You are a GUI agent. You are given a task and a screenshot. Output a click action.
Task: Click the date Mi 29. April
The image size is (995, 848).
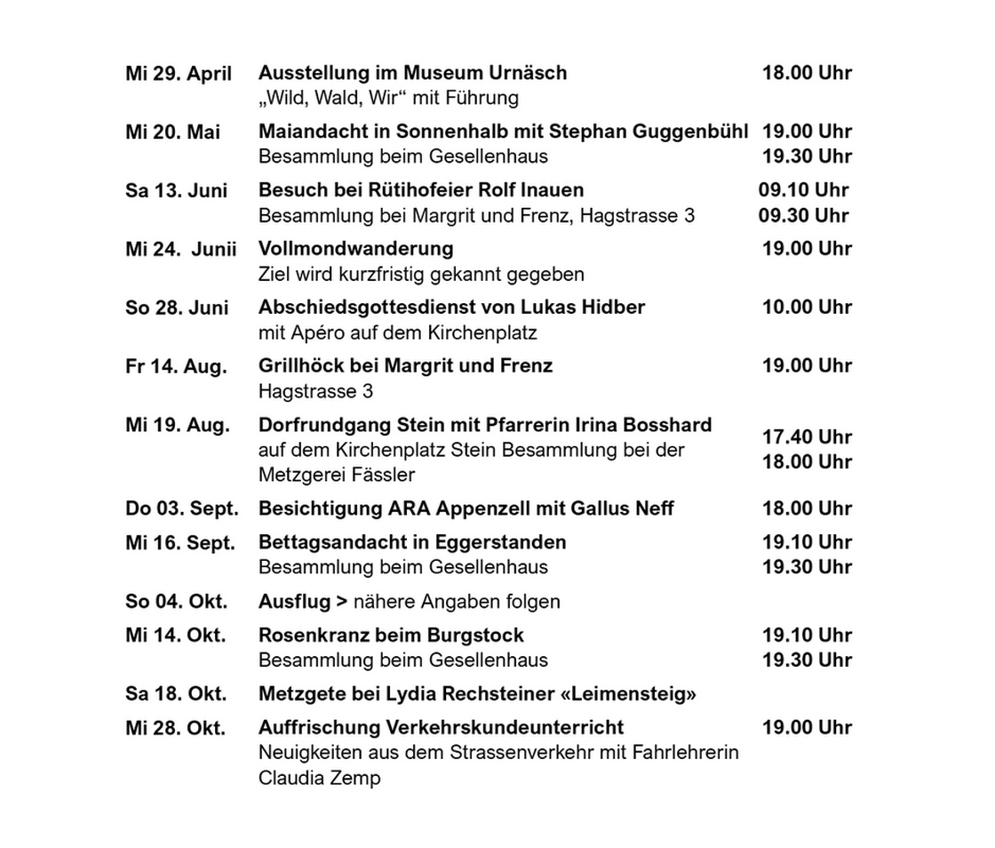tap(179, 74)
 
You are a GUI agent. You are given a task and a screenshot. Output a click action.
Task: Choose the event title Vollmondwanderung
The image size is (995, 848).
tap(355, 249)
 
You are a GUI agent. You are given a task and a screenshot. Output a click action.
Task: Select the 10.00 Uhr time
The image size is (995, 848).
tap(807, 308)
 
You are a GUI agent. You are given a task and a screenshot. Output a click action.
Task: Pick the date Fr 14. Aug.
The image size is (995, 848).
tap(176, 366)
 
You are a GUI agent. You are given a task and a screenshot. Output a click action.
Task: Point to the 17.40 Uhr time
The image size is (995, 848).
tap(807, 437)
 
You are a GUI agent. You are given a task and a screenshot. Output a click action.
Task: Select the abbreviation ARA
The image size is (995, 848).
tap(410, 509)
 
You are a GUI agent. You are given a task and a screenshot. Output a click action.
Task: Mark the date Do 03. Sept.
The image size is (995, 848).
tap(182, 509)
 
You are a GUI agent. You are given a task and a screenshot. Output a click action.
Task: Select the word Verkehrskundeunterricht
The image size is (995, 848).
tap(505, 728)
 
